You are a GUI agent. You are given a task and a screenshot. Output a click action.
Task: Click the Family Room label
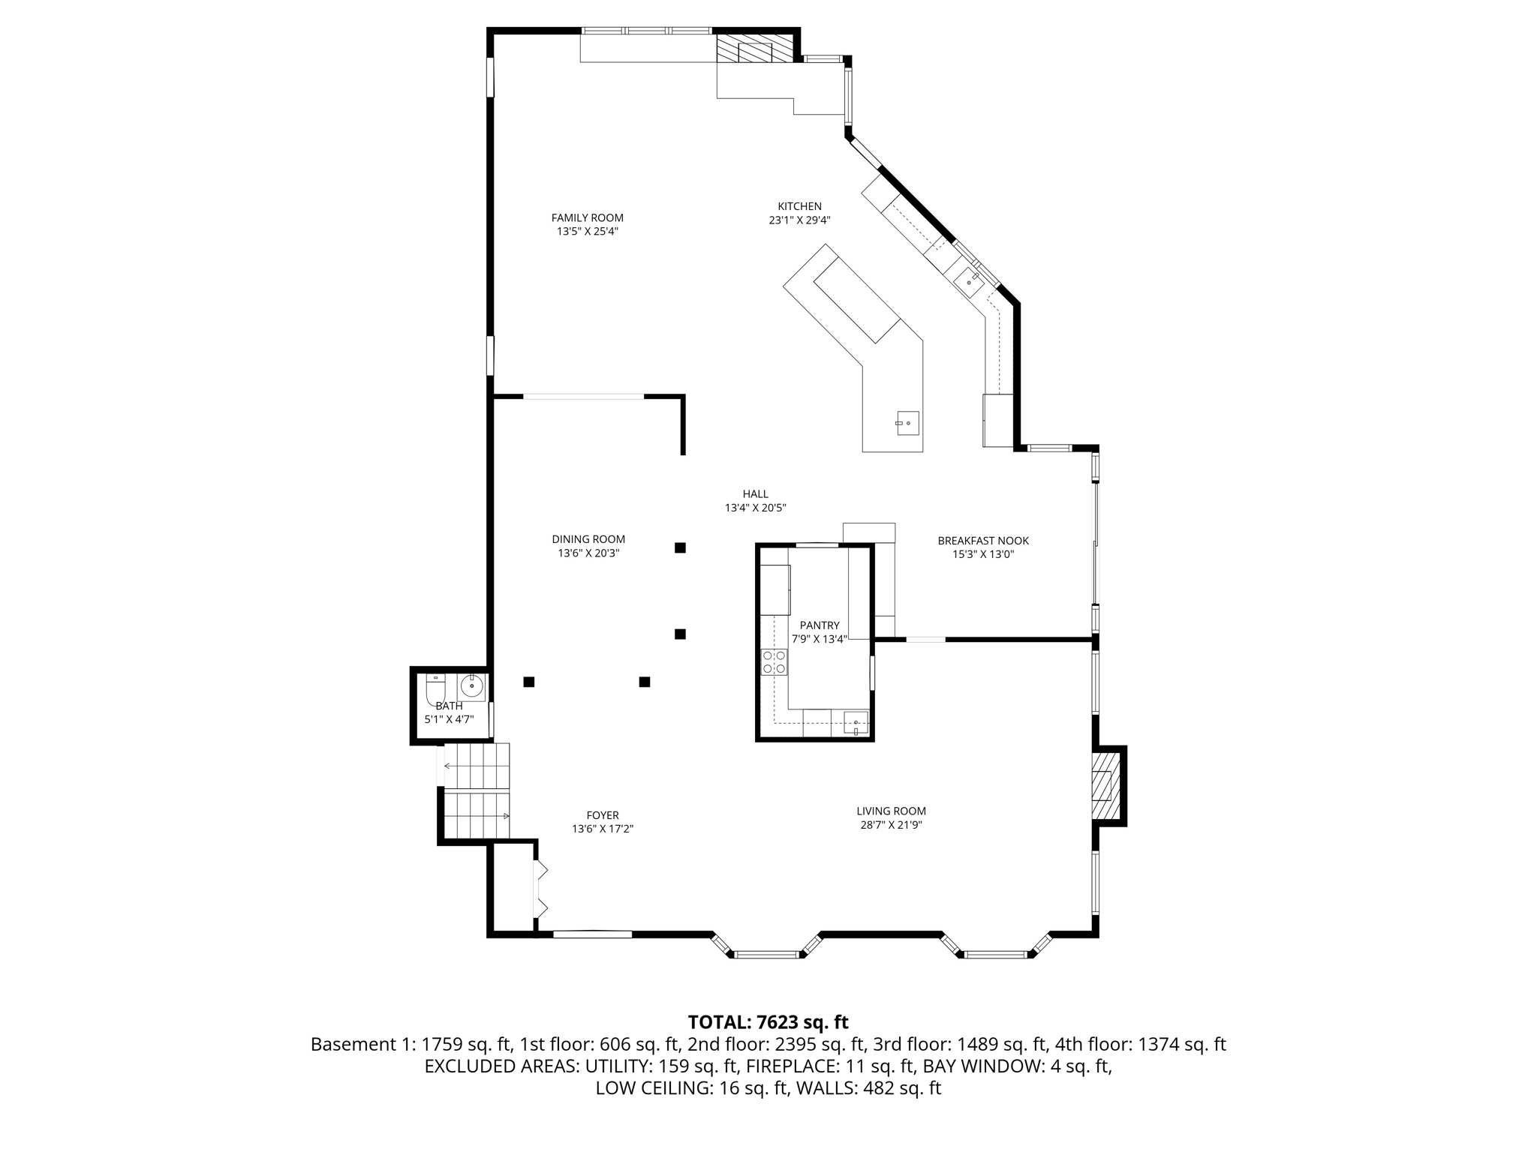tap(587, 218)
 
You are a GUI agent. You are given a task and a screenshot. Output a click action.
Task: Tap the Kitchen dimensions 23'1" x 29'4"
tap(799, 220)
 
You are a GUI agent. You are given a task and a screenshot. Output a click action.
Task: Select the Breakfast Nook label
tap(982, 541)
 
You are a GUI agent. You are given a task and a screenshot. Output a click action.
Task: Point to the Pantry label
tap(819, 625)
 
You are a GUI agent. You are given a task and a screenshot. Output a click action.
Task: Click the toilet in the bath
tap(436, 688)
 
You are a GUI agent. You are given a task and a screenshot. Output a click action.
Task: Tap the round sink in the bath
tap(472, 685)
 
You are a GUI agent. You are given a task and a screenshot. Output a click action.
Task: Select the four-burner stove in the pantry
tap(774, 662)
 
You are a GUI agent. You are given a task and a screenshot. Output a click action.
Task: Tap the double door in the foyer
tap(540, 889)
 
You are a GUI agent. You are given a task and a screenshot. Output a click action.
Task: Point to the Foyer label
tap(603, 815)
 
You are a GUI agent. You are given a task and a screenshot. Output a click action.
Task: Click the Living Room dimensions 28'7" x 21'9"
tap(891, 825)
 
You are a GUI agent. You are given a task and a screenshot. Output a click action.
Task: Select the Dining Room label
tap(588, 539)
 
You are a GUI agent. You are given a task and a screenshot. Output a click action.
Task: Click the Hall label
tap(755, 494)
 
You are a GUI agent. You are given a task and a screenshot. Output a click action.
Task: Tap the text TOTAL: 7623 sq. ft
tap(768, 1022)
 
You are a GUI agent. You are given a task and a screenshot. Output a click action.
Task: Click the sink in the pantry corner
tap(856, 724)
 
